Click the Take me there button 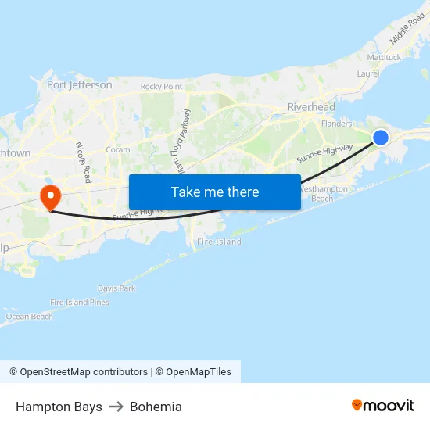(x=215, y=192)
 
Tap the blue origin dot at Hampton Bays (x=381, y=138)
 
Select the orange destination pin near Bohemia (x=51, y=195)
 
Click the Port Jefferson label (x=79, y=84)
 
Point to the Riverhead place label (x=311, y=107)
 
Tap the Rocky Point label (x=161, y=87)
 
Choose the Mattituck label (x=384, y=57)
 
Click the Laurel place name (x=367, y=73)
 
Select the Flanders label (x=336, y=123)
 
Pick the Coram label (x=118, y=149)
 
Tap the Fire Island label (x=219, y=242)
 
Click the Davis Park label (x=117, y=288)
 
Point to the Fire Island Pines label (x=80, y=303)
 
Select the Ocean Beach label (x=30, y=317)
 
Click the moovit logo (x=382, y=406)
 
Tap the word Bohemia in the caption (x=156, y=407)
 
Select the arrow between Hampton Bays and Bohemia (x=116, y=407)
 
